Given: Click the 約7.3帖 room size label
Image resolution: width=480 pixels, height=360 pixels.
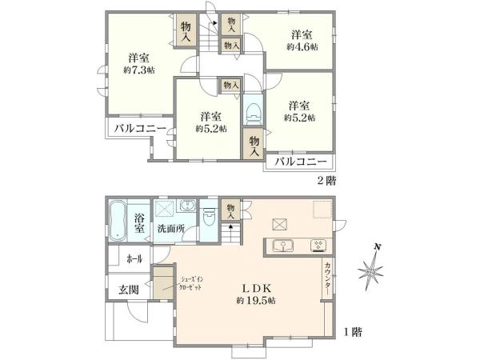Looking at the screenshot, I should [138, 70].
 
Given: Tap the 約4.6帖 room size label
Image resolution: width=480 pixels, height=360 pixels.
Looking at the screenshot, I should [302, 46].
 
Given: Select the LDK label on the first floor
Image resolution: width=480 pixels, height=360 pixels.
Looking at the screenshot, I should [255, 286].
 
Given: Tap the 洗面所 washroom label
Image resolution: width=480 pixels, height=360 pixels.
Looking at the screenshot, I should [170, 230].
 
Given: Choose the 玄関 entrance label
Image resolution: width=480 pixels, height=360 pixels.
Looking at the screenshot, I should [130, 290].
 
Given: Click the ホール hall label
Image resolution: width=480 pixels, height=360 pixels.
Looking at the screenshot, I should [134, 259].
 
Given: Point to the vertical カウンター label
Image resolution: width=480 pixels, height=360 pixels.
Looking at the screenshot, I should [328, 276].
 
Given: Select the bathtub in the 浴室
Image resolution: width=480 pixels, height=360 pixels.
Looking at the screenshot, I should [117, 219].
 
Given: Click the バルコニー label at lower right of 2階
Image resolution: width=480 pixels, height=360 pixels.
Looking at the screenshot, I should [301, 162].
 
